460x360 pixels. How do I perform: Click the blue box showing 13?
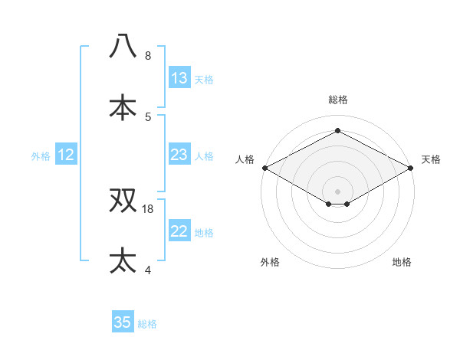click(179, 78)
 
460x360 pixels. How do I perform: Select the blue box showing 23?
click(179, 155)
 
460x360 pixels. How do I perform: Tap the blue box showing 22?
click(179, 232)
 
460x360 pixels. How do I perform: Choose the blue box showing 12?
click(66, 155)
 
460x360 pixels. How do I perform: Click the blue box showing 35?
click(123, 322)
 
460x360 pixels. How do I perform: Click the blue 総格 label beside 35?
click(147, 324)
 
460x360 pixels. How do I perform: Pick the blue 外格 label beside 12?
click(41, 156)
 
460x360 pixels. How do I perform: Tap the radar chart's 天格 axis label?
click(431, 159)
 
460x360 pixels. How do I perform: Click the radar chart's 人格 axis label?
click(245, 159)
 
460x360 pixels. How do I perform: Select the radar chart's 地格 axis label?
click(402, 262)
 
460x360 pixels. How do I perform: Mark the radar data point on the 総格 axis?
click(337, 131)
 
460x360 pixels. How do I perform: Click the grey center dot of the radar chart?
click(337, 190)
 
